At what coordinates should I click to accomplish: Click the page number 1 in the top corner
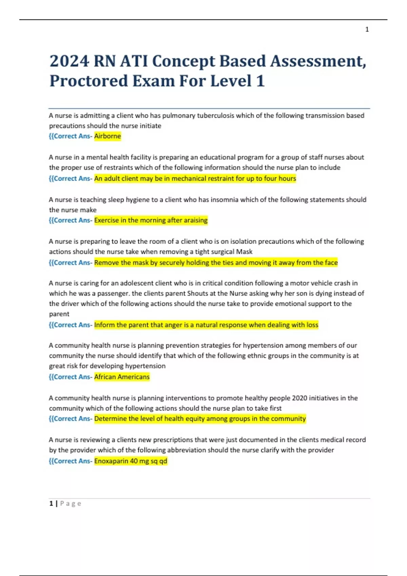(x=367, y=29)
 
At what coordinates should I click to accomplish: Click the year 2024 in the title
(x=69, y=61)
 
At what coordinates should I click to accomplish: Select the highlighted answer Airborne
(x=107, y=136)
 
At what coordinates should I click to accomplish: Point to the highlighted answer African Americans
(x=122, y=377)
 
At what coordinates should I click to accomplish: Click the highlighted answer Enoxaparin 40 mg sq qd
(x=131, y=461)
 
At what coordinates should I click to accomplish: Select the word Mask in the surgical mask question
(x=245, y=252)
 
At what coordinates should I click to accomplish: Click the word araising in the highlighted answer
(x=196, y=220)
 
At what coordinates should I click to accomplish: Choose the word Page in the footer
(x=71, y=504)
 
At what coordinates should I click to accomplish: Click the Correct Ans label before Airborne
(x=70, y=136)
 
